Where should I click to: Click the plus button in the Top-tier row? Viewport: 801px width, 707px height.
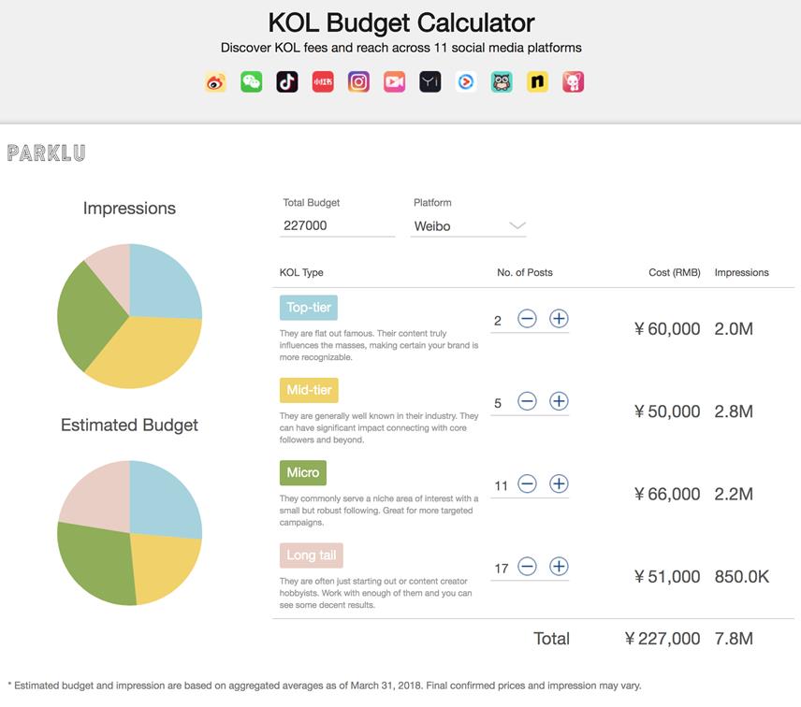(559, 319)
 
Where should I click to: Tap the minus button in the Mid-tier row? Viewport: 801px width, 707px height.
(527, 401)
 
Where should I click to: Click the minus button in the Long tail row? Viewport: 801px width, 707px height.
(527, 566)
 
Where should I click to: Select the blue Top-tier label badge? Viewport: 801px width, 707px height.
(308, 308)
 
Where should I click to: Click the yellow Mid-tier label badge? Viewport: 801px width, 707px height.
(309, 390)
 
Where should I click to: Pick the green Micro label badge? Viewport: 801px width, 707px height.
(303, 472)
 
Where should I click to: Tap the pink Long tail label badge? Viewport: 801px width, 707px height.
(312, 555)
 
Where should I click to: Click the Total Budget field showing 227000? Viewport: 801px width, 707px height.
(337, 225)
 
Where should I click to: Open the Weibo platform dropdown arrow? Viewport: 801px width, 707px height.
(517, 225)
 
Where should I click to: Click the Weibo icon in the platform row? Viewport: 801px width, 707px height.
(216, 82)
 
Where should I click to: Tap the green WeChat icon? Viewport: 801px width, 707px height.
(252, 82)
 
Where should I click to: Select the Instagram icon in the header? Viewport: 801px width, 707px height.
(358, 82)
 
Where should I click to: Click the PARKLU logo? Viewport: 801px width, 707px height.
(46, 152)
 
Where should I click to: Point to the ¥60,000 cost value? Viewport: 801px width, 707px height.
(667, 329)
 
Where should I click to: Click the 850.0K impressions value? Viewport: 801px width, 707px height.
(741, 577)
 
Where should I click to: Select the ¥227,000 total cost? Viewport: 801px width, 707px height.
(663, 639)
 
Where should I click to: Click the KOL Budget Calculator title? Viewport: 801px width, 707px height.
(401, 22)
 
